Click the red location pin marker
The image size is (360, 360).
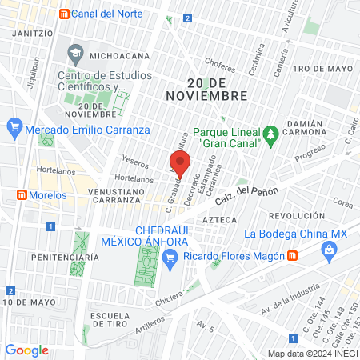coord(180,163)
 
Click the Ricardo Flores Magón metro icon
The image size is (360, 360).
coord(293,255)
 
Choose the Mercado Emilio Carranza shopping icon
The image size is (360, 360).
coord(14,127)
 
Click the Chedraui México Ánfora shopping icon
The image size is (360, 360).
coord(169,258)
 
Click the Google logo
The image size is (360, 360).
coord(26,350)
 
